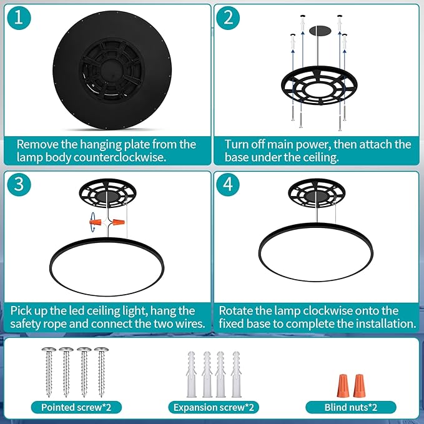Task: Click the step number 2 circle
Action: click(228, 18)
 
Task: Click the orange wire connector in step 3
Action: click(96, 221)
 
